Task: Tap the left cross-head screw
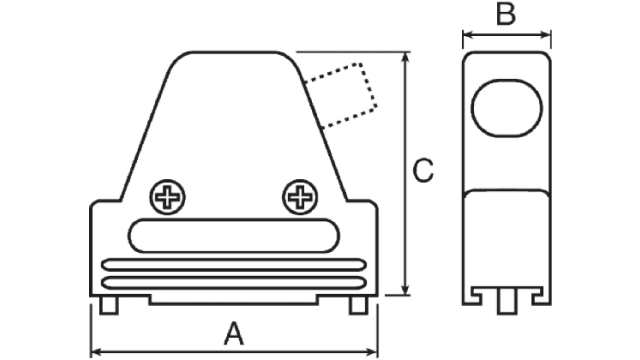coord(167,196)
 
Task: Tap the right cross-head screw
coord(299,196)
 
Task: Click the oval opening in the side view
coord(506,109)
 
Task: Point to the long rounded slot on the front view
coord(233,236)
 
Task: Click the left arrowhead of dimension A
coord(95,351)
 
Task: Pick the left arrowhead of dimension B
coord(465,38)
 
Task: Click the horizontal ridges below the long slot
coord(233,270)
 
